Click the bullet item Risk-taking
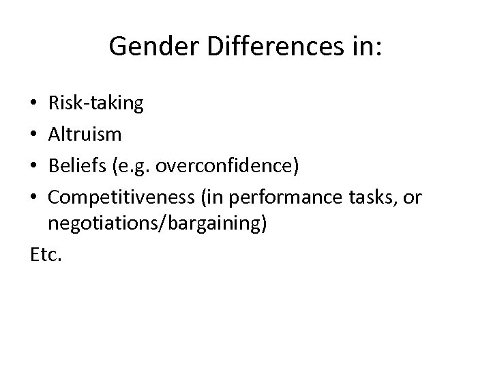pyautogui.click(x=95, y=104)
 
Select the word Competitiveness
pyautogui.click(x=119, y=198)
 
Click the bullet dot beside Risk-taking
pyautogui.click(x=33, y=105)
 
